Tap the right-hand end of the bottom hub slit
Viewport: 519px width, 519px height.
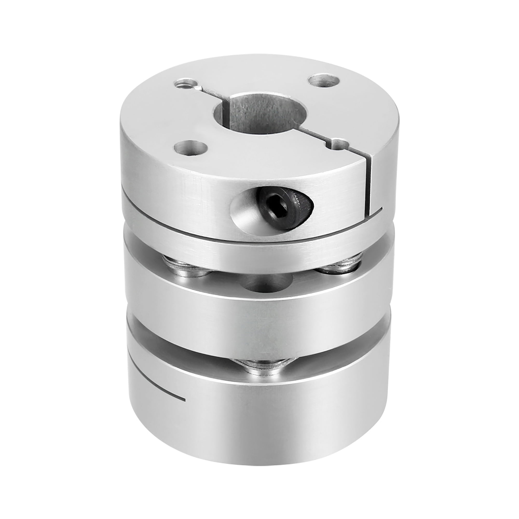[x=184, y=407]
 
